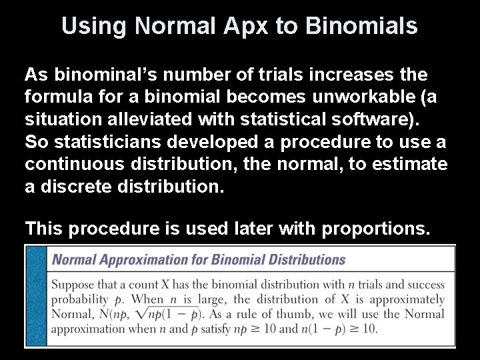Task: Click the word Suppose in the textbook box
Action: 73,285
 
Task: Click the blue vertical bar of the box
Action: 36,295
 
